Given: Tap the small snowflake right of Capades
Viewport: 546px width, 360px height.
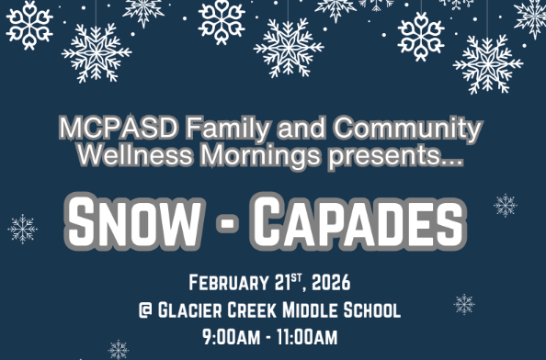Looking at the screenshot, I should click(505, 205).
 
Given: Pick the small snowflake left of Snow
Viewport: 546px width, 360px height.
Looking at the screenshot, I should click(22, 229).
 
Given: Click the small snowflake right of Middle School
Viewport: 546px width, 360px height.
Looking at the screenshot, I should click(465, 304).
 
